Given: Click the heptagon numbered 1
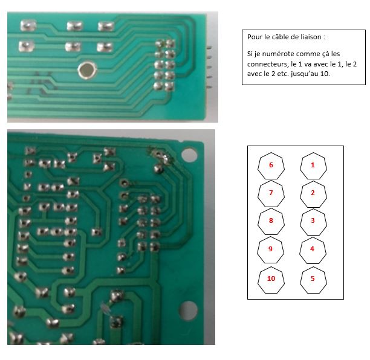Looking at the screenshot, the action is [313, 166].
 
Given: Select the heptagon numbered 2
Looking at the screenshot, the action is [313, 194].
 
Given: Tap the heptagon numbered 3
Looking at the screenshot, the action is [313, 222].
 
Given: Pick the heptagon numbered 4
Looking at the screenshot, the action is [313, 250].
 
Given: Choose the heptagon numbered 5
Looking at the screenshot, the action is [313, 280].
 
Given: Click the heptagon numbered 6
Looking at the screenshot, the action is [271, 166].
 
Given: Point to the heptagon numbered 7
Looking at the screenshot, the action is [271, 194].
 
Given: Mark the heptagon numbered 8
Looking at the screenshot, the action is [271, 222].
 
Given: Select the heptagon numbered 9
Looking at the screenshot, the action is [270, 250].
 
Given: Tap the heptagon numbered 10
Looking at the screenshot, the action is [271, 280].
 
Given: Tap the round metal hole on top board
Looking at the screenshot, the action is [87, 70].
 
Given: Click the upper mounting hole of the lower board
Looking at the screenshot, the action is [189, 155].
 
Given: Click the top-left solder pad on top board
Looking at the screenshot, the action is [28, 25].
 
